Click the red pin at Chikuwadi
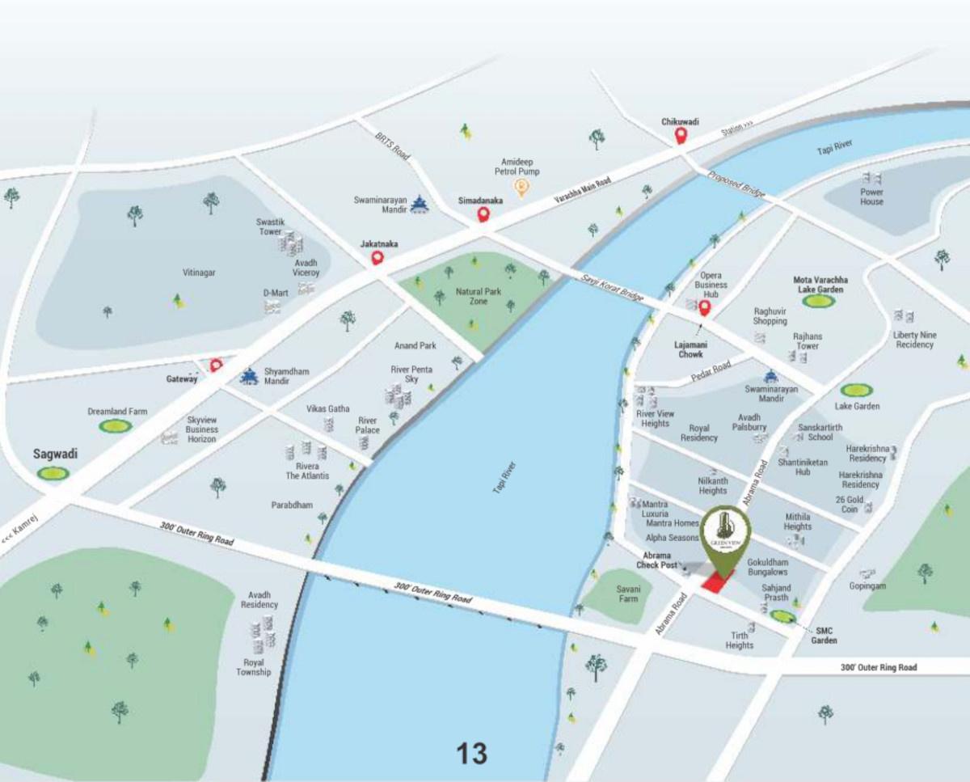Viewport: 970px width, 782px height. point(681,136)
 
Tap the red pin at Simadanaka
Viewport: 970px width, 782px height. point(483,214)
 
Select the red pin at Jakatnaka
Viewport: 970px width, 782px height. point(377,258)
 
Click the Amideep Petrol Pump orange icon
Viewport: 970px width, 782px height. point(522,188)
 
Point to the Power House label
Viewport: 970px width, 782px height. point(871,197)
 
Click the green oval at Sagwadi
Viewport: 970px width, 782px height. point(53,473)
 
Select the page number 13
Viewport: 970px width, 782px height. point(472,754)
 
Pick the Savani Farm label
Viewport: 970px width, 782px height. point(627,594)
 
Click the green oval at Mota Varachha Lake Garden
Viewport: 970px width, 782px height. point(819,301)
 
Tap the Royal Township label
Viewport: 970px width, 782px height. point(254,667)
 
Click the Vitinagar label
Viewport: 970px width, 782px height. point(199,273)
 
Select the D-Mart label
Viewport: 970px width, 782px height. point(276,292)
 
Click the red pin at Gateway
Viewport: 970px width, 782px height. point(216,366)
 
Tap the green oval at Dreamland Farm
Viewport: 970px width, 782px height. point(116,425)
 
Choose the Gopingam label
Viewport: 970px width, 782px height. point(867,585)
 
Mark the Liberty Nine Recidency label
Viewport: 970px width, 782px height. point(914,340)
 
